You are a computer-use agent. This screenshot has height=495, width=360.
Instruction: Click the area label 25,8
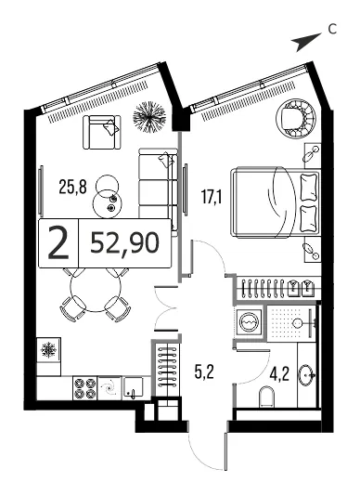[x=72, y=187]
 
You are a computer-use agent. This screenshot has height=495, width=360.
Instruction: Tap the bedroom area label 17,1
[x=212, y=198]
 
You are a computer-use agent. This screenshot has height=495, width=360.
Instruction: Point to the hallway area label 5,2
[x=204, y=371]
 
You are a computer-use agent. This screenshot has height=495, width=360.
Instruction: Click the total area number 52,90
[x=125, y=243]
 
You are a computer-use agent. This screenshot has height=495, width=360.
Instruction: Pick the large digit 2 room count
[x=58, y=243]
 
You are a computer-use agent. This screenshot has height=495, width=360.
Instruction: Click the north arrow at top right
[x=306, y=41]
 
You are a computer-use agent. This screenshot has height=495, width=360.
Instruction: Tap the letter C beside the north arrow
[x=332, y=30]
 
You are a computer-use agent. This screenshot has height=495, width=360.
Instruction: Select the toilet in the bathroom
[x=266, y=397]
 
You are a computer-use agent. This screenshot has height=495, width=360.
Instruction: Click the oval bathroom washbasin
[x=307, y=375]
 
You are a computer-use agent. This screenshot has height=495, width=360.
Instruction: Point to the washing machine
[x=250, y=321]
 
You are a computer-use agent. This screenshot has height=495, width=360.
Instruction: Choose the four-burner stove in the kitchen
[x=84, y=388]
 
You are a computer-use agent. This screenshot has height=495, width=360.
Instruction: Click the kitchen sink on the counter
[x=134, y=387]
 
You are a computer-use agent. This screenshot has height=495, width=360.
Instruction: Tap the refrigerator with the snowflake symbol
[x=48, y=350]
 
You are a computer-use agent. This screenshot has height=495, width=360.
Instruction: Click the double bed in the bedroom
[x=276, y=202]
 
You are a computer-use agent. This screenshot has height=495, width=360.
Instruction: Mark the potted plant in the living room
[x=149, y=117]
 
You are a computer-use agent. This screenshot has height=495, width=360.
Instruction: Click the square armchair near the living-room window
[x=102, y=132]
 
